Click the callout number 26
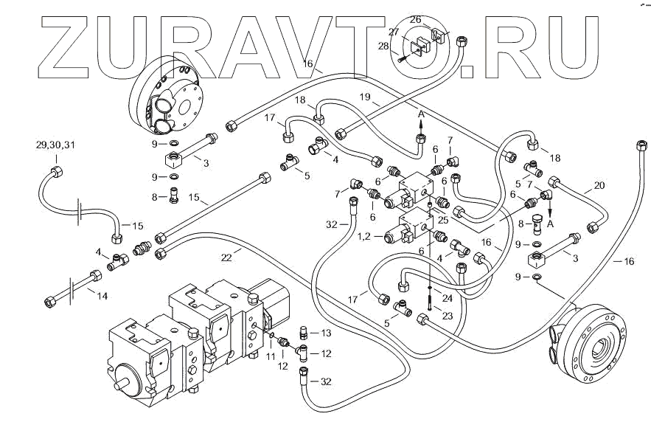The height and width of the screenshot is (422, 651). [416, 19]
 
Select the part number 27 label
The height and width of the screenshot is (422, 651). [394, 32]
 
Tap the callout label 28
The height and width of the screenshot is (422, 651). [383, 46]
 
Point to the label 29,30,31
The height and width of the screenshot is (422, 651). [56, 145]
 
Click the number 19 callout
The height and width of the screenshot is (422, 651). [365, 97]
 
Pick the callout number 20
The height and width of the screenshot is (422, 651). [599, 185]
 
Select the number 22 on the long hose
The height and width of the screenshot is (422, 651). [226, 257]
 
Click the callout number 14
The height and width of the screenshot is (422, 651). [102, 296]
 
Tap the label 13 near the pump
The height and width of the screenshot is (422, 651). [327, 333]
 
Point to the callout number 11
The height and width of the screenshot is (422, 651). [271, 356]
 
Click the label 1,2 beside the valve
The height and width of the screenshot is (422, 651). [364, 236]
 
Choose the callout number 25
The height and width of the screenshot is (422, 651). [443, 220]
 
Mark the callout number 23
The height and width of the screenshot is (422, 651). [447, 316]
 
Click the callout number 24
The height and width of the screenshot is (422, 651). [447, 298]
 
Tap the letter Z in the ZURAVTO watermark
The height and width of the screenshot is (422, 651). [66, 47]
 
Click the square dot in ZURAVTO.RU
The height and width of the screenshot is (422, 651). [467, 71]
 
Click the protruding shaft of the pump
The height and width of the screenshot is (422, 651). [121, 384]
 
